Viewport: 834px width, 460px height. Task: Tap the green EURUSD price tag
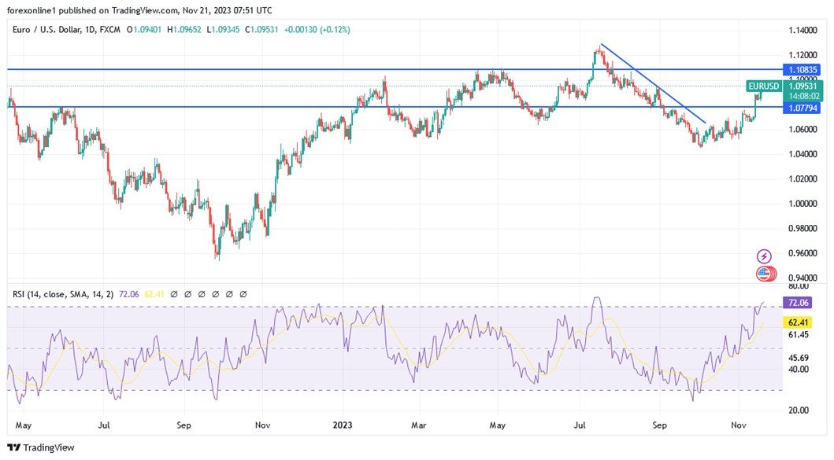764,86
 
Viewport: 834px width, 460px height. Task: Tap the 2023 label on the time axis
342,425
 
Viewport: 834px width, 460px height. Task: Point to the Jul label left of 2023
104,425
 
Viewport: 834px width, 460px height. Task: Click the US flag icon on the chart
764,274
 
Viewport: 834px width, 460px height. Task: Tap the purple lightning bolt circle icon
764,256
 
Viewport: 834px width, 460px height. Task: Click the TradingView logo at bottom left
41,447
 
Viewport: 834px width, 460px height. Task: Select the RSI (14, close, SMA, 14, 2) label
63,294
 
